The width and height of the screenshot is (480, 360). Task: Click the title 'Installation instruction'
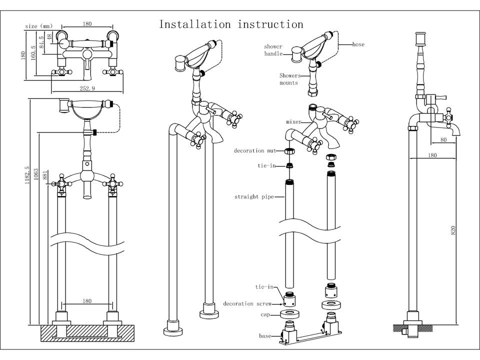coord(231,24)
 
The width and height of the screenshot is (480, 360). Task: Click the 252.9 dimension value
coord(87,88)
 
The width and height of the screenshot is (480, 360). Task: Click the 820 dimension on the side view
coord(453,230)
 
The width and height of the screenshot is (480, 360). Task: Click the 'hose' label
coord(358,44)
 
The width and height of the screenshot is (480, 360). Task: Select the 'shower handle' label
coord(273,50)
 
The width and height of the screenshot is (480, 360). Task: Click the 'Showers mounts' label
coord(290,79)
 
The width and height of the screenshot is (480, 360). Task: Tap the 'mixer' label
coord(293,121)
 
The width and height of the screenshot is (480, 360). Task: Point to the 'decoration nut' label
coord(255,150)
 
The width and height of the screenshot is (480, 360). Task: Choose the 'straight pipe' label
coord(254,197)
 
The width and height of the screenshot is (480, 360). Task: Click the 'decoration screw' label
coord(247,304)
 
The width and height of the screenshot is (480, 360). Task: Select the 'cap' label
coord(265,315)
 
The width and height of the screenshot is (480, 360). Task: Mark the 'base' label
coord(264,335)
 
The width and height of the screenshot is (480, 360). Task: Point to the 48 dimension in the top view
coord(49,36)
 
